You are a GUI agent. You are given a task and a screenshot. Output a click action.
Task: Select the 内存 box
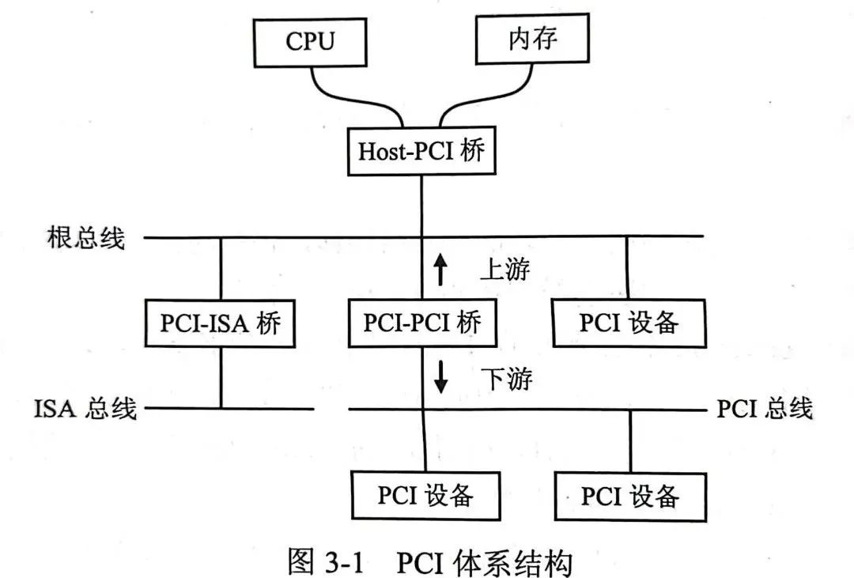point(531,40)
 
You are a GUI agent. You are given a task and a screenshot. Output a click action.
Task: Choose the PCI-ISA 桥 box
point(221,323)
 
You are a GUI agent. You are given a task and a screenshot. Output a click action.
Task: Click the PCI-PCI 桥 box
point(421,323)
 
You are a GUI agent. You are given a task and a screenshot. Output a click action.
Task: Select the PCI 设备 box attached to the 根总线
point(629,323)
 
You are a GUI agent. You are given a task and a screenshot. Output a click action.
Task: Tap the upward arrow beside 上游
point(440,270)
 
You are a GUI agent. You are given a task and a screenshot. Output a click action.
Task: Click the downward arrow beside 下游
point(440,380)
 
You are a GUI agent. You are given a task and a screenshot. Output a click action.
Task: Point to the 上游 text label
point(504,270)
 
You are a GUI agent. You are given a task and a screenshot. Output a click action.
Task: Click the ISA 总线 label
point(85,408)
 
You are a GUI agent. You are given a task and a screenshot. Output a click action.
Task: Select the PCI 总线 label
point(765,408)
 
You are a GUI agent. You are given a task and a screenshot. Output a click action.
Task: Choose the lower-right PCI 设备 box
point(630,496)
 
